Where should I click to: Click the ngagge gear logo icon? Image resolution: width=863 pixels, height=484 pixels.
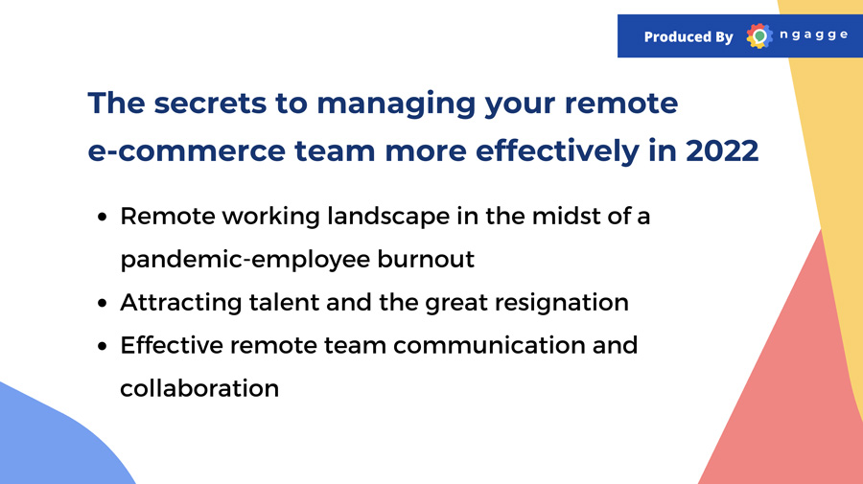point(759,36)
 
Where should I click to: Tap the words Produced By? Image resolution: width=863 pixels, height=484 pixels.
point(688,36)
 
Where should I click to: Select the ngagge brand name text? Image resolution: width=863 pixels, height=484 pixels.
point(813,35)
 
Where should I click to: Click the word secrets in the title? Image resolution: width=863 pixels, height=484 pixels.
point(210,103)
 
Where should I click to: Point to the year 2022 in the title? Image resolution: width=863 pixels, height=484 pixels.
point(722,150)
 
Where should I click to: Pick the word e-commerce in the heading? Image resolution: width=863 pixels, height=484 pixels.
point(187,151)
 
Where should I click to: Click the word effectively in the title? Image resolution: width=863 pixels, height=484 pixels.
point(557,151)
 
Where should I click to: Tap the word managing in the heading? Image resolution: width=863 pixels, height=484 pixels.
point(396,104)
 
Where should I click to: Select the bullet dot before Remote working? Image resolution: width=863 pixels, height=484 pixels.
point(102,217)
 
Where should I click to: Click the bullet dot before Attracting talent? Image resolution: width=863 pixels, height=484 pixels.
point(102,303)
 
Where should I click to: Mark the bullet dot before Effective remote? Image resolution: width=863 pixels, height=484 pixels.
point(102,347)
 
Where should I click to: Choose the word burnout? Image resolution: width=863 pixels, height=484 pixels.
point(426,259)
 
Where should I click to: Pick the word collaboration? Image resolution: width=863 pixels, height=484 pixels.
point(199,389)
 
